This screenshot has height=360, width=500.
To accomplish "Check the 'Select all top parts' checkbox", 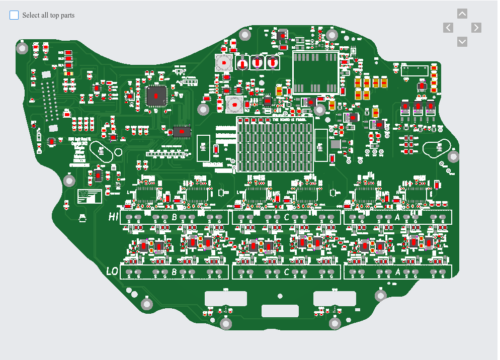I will point(14,15).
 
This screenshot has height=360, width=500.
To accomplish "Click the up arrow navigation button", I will point(462,14).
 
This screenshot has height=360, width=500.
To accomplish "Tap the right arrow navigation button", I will point(476,28).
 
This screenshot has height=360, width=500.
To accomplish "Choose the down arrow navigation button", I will point(462,42).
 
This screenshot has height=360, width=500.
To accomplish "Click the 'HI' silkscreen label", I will point(113,217).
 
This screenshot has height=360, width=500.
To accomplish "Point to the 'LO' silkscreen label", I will point(112,272).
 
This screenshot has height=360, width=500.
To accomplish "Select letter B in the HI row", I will point(175,217).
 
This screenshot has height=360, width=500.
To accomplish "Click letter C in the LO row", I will point(287,272).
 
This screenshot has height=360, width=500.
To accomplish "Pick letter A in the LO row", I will point(398,272).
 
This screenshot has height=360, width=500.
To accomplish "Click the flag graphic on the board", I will point(90,196).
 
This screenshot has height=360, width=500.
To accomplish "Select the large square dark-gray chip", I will point(156,96).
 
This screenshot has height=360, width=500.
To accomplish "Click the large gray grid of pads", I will point(275,144).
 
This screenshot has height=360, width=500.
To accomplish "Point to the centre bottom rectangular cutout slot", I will point(280,311).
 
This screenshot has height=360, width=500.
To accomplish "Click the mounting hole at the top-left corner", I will point(22,48).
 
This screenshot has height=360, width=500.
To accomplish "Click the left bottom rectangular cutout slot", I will point(226,298).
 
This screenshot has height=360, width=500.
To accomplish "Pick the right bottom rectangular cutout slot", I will point(335,298).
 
